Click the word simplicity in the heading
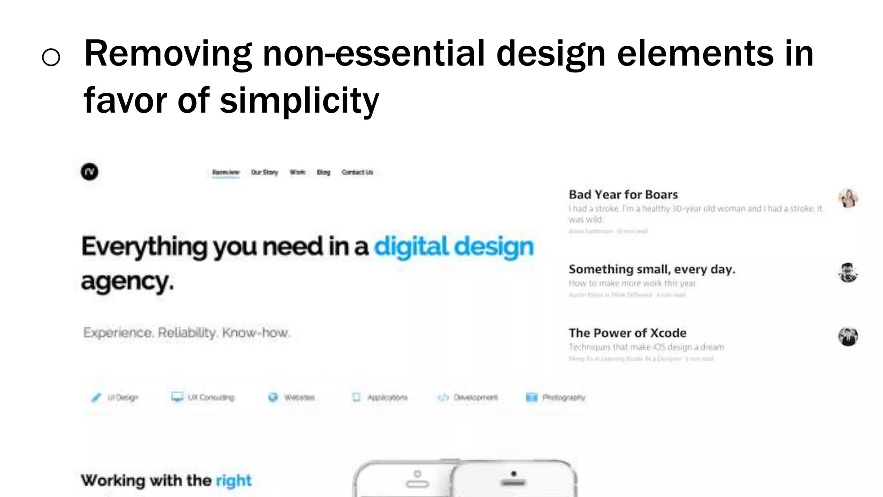(x=299, y=101)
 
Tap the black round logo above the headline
(x=89, y=172)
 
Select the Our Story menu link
(x=264, y=173)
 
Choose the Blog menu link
(x=323, y=173)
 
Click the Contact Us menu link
(x=357, y=173)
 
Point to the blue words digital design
(x=454, y=247)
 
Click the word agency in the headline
(x=127, y=282)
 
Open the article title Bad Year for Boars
(x=623, y=195)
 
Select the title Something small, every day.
(x=651, y=269)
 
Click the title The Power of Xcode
(x=627, y=333)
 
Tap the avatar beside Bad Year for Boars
(x=848, y=198)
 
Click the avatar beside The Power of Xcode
(x=848, y=337)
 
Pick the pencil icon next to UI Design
(x=96, y=397)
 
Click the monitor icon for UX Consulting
(x=177, y=397)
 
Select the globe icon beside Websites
(x=273, y=397)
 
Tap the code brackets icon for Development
(x=443, y=397)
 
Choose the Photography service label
(x=564, y=397)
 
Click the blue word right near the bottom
(x=233, y=481)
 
